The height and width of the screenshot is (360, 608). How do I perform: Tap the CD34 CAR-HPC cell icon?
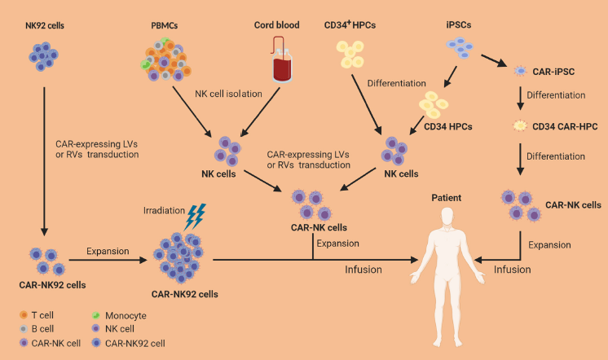521,125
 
